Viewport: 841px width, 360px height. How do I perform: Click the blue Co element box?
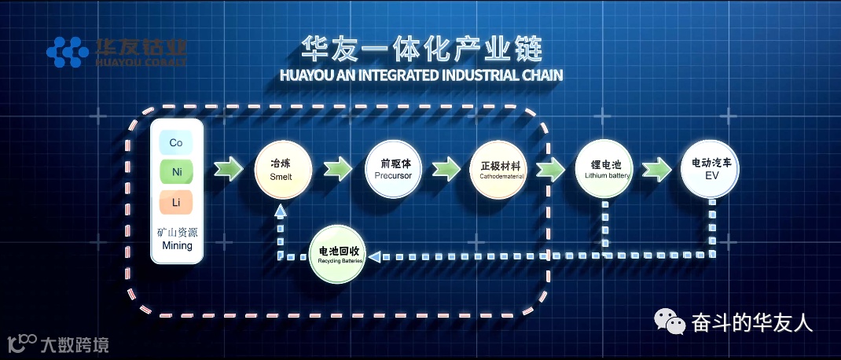click(176, 142)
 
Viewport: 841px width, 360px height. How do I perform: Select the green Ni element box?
click(176, 171)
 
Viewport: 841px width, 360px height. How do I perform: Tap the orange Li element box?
click(176, 202)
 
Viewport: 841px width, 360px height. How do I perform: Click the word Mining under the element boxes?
click(177, 246)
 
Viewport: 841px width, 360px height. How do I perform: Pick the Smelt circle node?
click(283, 170)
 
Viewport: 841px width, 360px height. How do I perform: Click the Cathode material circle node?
click(500, 170)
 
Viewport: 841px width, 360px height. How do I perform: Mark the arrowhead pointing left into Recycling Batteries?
click(375, 256)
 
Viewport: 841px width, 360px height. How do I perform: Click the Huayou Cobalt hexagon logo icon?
click(67, 52)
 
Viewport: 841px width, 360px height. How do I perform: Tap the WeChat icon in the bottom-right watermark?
click(670, 321)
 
